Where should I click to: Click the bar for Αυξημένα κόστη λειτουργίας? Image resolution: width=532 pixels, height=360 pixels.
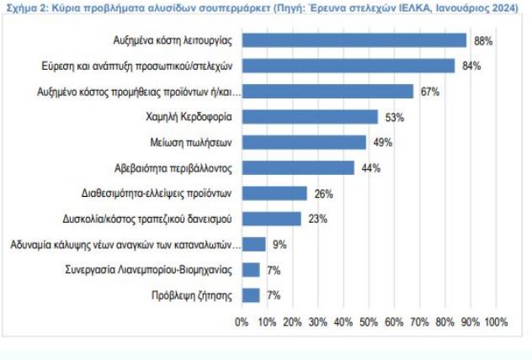354,40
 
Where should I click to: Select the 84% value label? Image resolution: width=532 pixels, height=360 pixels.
471,66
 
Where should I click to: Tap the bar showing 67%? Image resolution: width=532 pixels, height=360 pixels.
327,91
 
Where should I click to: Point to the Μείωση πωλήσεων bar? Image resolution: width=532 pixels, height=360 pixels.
304,142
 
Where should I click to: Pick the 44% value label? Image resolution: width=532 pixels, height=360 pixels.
370,167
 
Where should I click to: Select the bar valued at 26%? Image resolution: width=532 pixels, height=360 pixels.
274,193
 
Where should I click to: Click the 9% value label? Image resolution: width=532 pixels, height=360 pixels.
279,245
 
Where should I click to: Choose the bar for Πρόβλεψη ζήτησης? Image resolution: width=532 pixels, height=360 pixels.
250,295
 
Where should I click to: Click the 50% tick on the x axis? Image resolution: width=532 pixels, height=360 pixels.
369,322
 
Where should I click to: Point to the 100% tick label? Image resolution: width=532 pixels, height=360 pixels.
497,322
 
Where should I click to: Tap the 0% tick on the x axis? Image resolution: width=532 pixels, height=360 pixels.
242,322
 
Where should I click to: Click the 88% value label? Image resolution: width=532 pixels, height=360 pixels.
482,40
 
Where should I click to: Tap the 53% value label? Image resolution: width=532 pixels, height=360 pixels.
394,116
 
